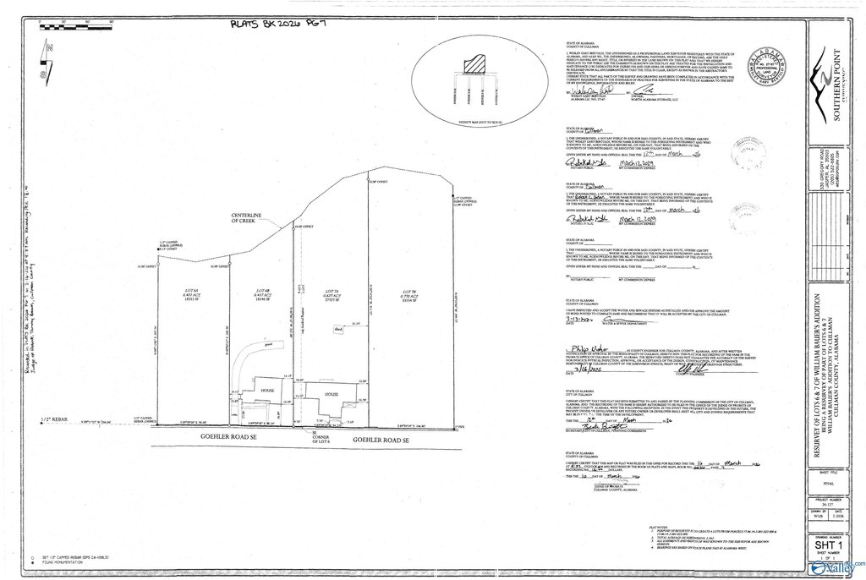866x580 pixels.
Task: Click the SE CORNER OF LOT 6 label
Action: [x=314, y=436]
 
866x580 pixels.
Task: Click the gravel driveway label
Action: [x=244, y=345]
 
